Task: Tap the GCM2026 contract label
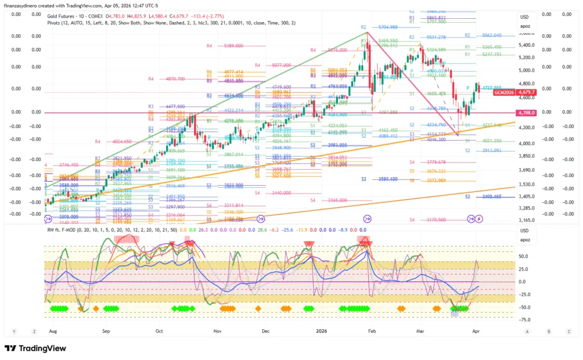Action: tap(504, 92)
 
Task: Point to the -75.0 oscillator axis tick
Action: tap(525, 320)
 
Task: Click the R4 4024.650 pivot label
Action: tap(114, 141)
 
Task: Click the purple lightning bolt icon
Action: tap(479, 219)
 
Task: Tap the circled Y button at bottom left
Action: tap(13, 331)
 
